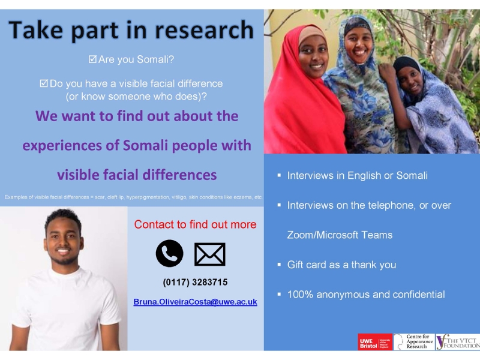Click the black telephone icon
169,253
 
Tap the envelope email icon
209,254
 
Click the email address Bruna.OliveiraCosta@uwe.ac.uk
196,302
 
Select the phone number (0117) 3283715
196,282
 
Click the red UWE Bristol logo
375,341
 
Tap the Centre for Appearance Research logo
414,341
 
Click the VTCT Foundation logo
458,341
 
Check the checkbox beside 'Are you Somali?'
92,59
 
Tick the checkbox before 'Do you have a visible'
44,83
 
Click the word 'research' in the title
204,30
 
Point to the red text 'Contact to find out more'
196,224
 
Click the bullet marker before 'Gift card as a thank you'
279,264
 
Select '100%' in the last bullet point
300,295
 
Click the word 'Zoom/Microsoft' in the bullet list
323,235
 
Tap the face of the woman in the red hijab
313,57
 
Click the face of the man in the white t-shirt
63,242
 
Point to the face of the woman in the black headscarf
410,80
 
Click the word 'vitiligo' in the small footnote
179,197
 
